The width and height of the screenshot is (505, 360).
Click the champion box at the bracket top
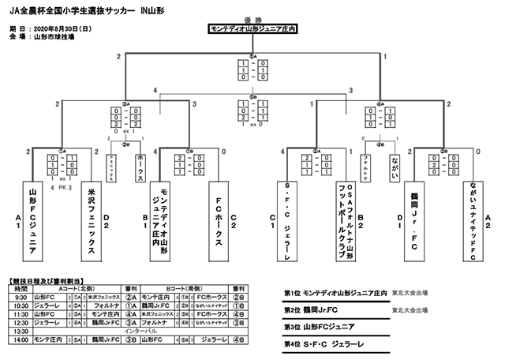point(253,29)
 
